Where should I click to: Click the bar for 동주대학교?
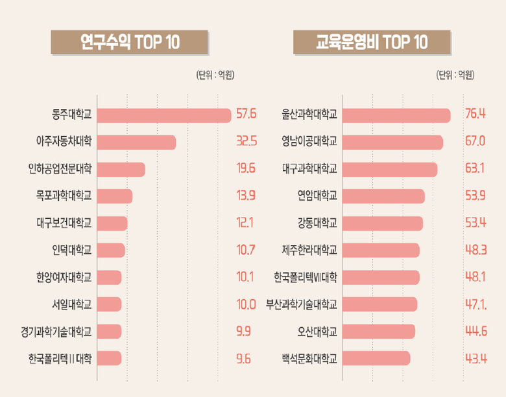163,115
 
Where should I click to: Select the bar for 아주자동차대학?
136,142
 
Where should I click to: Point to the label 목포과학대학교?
64,196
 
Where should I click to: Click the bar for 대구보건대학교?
112,223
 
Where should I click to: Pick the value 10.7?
245,250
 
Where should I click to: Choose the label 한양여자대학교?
64,277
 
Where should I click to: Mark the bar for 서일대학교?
109,304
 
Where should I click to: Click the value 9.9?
244,331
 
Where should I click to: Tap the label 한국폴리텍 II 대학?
60,358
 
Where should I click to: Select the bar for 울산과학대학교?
396,115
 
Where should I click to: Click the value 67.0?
475,142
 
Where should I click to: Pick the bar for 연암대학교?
383,196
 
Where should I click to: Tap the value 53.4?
475,223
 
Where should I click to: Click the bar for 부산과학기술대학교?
379,304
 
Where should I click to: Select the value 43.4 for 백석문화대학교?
475,358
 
